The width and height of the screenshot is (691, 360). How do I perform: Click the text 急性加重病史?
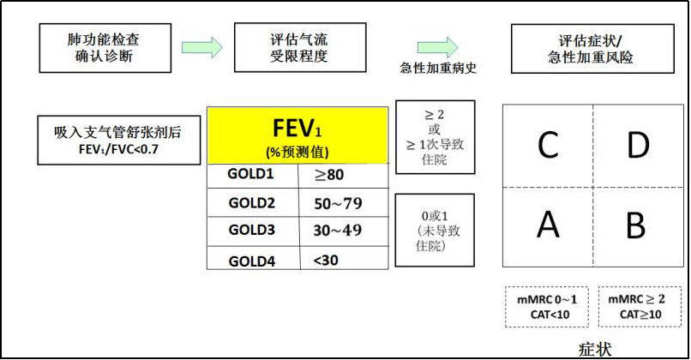[438, 69]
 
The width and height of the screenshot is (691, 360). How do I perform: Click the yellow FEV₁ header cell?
[297, 135]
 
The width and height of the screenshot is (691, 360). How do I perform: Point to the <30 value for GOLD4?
[326, 259]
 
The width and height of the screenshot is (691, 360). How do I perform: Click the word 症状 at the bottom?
[595, 350]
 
